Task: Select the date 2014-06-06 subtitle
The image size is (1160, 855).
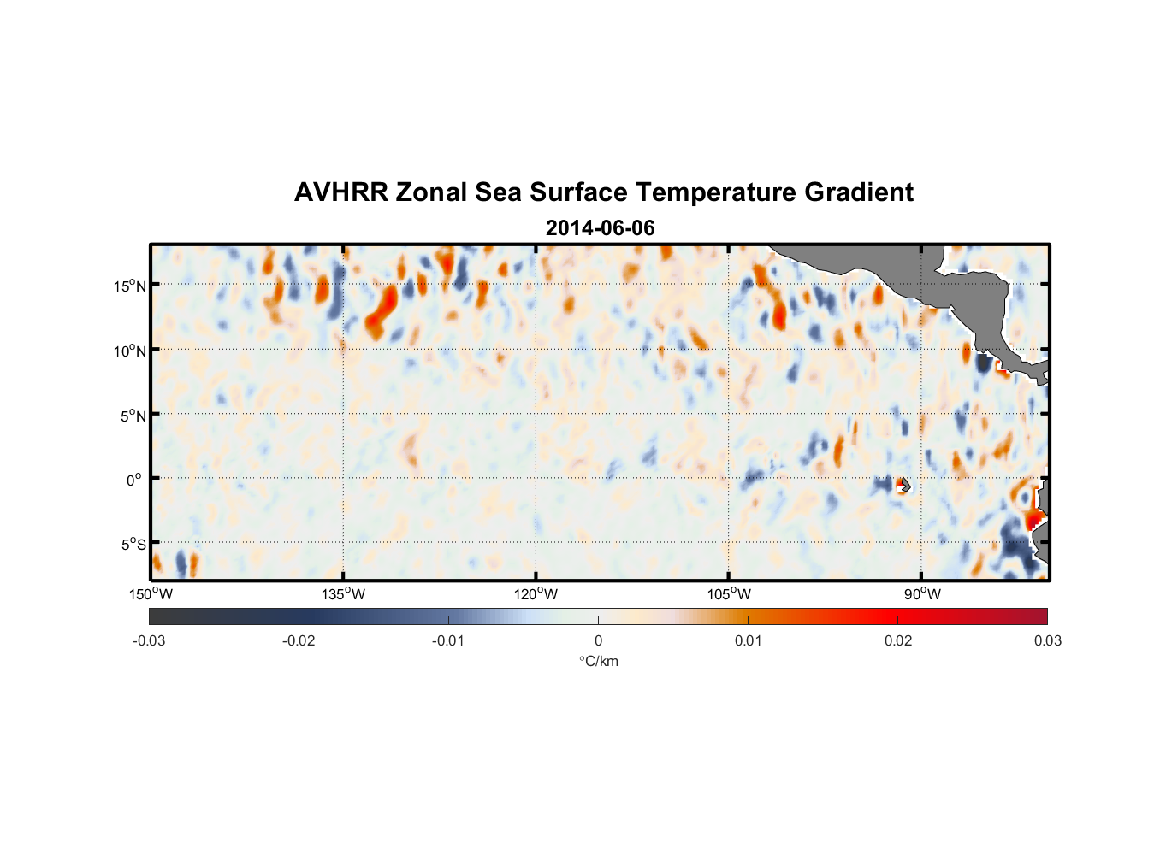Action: coord(600,228)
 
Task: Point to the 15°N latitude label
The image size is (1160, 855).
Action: coord(130,286)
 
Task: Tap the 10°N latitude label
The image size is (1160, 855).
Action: coord(130,351)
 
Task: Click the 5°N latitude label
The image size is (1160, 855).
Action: coord(133,416)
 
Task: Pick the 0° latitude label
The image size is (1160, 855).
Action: coord(135,480)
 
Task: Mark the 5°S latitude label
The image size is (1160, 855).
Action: coord(133,545)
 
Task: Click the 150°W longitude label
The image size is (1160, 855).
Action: coord(151,594)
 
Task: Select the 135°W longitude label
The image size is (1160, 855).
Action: coord(344,594)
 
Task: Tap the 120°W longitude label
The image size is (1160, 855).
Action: coord(536,594)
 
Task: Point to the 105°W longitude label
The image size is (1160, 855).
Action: coord(729,594)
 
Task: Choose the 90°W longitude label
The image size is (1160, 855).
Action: coord(922,594)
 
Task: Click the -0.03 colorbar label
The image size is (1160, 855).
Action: coord(149,640)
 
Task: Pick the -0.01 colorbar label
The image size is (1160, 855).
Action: coord(448,640)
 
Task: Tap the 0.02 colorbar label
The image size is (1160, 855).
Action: coord(898,640)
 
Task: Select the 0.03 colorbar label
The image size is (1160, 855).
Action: coord(1047,640)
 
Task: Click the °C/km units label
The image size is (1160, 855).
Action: coord(598,661)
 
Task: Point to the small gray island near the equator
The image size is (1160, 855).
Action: coord(904,485)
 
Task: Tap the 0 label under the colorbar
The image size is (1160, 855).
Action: coord(598,640)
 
